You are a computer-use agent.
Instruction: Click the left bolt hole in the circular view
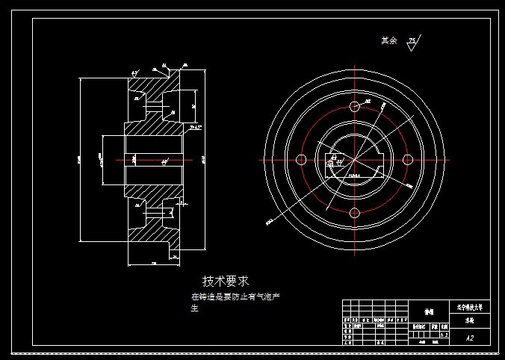(x=301, y=159)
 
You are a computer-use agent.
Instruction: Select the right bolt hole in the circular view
(x=409, y=159)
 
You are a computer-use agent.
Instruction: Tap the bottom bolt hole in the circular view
(x=355, y=214)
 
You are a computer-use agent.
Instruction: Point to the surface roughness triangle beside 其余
(x=412, y=44)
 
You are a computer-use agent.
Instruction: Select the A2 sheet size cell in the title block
(x=470, y=338)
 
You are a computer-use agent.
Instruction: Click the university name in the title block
(x=470, y=306)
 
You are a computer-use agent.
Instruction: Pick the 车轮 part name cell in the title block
(x=470, y=319)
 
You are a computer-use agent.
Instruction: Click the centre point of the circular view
(x=355, y=159)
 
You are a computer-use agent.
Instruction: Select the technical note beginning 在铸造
(x=235, y=297)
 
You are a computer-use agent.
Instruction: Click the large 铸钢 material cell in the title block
(x=429, y=313)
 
